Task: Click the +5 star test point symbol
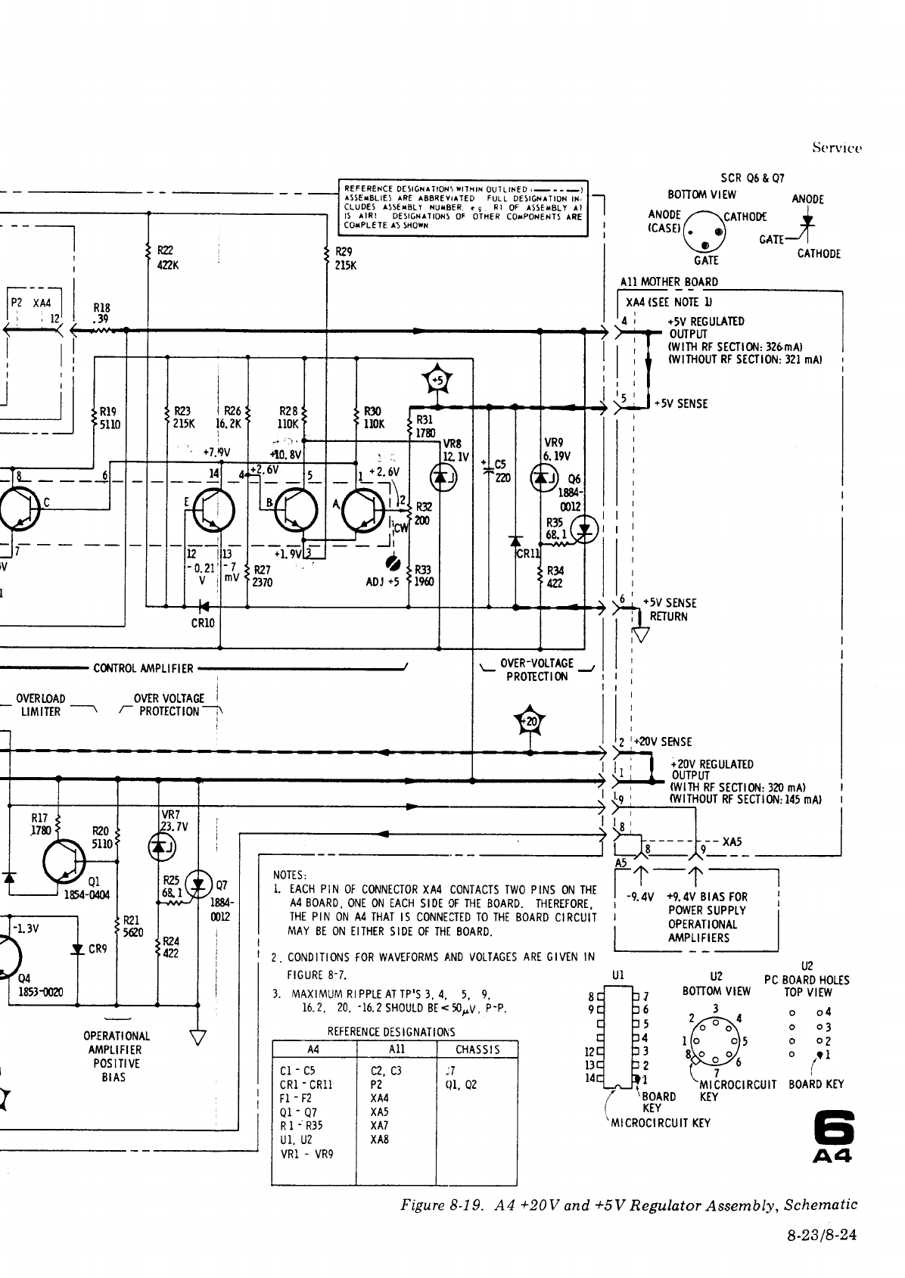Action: [x=438, y=380]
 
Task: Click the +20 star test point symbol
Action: [x=530, y=722]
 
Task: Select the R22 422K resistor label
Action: [x=167, y=259]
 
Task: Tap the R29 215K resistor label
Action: [x=345, y=259]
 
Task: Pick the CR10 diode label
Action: [x=203, y=623]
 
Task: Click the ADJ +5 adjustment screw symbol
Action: [x=393, y=564]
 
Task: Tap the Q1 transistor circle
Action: [x=64, y=862]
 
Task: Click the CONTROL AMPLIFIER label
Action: [x=143, y=668]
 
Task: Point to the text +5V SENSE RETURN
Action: [x=668, y=610]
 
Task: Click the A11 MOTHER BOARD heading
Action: [x=668, y=282]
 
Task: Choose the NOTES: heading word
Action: [x=289, y=875]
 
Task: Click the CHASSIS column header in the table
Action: [x=477, y=1049]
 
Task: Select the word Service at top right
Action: [x=837, y=148]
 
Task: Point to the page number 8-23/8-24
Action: [x=822, y=1236]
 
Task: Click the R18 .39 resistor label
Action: [x=101, y=313]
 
